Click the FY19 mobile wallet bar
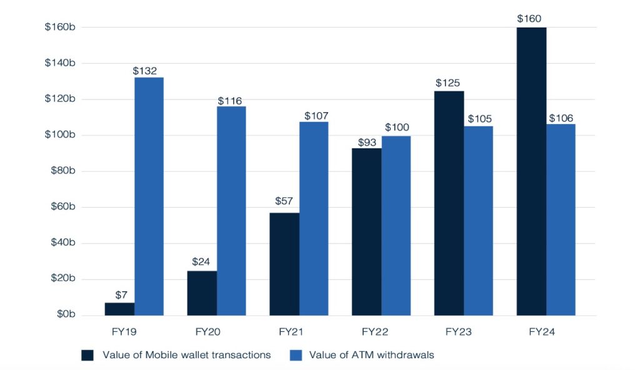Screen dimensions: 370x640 pyautogui.click(x=119, y=309)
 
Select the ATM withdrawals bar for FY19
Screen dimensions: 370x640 pyautogui.click(x=149, y=197)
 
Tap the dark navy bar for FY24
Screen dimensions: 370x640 pyautogui.click(x=531, y=172)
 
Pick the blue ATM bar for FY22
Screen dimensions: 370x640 pyautogui.click(x=396, y=226)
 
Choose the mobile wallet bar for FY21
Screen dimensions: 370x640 pyautogui.click(x=284, y=264)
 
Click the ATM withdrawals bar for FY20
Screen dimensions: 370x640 pyautogui.click(x=231, y=211)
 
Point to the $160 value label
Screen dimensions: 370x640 pyautogui.click(x=529, y=19)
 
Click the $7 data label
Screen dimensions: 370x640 pyautogui.click(x=121, y=295)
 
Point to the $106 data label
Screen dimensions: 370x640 pyautogui.click(x=561, y=118)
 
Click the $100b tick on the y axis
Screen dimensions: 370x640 pyautogui.click(x=60, y=135)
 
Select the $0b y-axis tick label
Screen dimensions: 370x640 pyautogui.click(x=65, y=315)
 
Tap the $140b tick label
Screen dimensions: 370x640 pyautogui.click(x=60, y=63)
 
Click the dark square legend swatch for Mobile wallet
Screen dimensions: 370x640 pyautogui.click(x=87, y=356)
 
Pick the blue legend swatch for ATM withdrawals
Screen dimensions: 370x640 pyautogui.click(x=297, y=356)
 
